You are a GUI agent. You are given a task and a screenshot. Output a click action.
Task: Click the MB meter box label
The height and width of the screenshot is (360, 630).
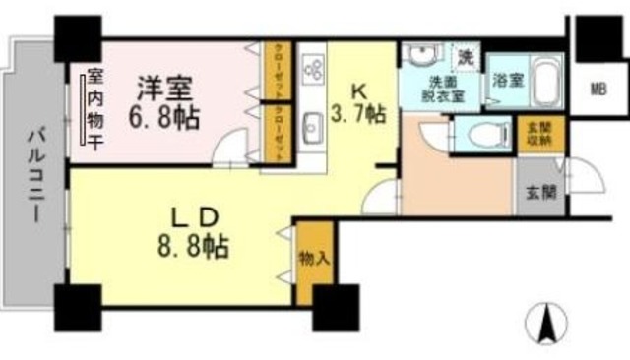(598, 90)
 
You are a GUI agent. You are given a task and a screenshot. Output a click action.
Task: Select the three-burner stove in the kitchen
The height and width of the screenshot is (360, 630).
(314, 66)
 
